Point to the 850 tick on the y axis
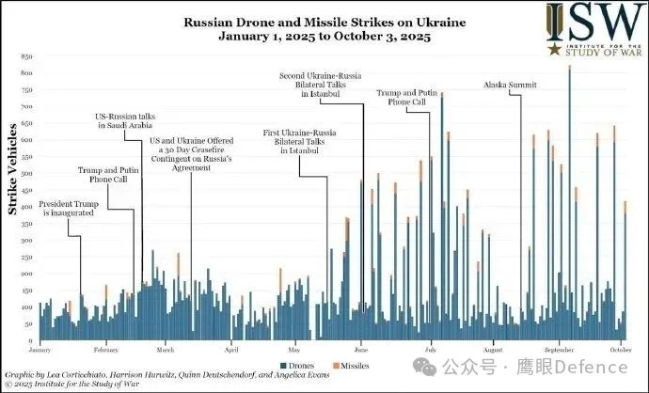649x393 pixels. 26,55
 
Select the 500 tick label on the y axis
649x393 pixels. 26,174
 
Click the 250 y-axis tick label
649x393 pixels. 26,258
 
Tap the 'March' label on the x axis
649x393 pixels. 166,350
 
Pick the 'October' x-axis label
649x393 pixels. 618,350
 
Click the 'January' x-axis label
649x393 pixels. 39,350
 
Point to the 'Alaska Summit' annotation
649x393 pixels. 510,85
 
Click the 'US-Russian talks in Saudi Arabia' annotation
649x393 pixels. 130,119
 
